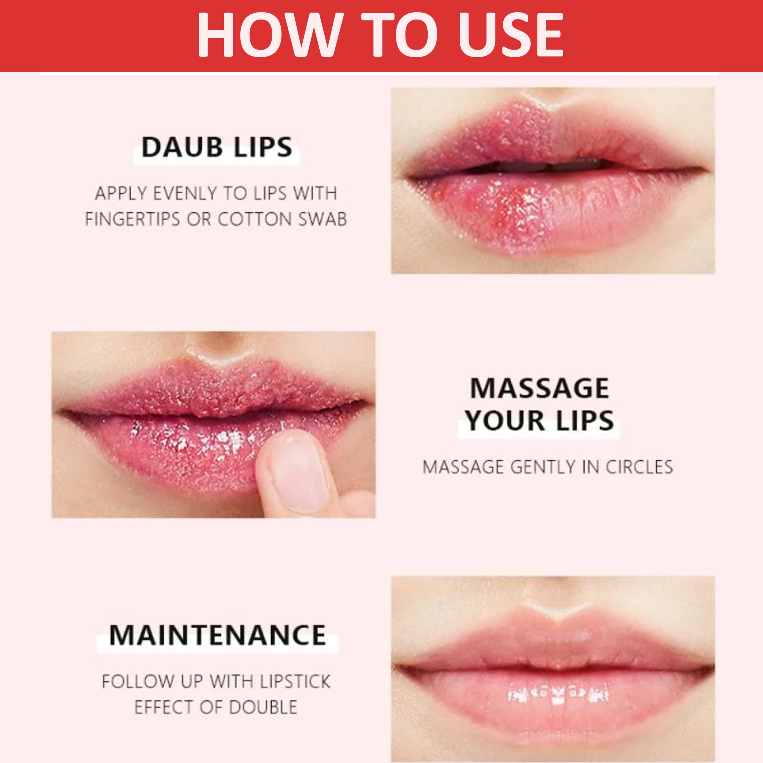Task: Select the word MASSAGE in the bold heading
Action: click(539, 388)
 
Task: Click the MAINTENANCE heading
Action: click(217, 636)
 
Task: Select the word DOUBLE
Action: click(262, 707)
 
